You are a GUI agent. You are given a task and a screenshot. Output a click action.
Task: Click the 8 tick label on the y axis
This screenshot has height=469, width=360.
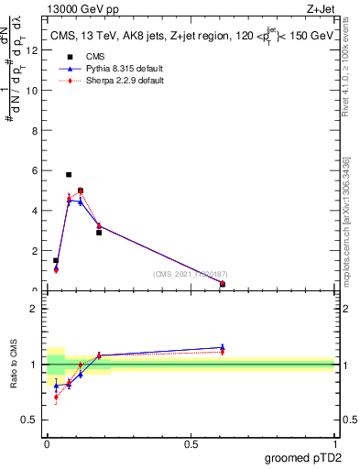click(35, 131)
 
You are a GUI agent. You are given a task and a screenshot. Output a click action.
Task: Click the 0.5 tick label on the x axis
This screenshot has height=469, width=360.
click(191, 444)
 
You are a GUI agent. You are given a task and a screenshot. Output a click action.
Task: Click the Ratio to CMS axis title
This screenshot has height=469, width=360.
click(15, 364)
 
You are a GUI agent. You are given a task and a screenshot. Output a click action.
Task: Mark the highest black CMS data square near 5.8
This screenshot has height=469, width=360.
click(69, 174)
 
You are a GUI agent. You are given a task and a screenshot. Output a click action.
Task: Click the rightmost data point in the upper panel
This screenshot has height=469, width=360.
click(223, 284)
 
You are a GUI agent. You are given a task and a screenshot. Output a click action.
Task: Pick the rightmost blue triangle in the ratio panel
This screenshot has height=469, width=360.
click(223, 347)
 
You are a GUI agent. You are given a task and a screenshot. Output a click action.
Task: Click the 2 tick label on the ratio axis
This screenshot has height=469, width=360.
click(35, 309)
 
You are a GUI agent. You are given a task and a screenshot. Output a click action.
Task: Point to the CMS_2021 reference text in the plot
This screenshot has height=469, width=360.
click(191, 274)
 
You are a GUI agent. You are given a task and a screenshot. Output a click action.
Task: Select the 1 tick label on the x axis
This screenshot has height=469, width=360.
click(334, 444)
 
